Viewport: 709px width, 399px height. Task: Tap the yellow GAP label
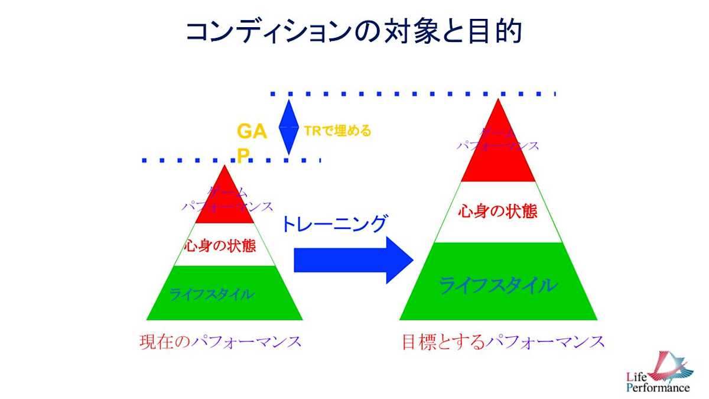(251, 141)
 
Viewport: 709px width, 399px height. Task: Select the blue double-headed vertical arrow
(288, 127)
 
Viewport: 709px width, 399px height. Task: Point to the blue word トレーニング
(333, 224)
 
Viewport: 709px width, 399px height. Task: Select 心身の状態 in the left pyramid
(220, 245)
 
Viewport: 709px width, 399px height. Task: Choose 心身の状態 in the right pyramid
(498, 211)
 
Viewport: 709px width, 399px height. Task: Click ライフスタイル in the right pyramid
(497, 286)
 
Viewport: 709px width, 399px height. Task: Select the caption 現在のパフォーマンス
(220, 342)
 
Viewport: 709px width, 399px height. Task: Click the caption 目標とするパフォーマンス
(503, 342)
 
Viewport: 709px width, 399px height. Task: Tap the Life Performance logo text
(658, 382)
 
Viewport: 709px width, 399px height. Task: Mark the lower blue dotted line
(230, 160)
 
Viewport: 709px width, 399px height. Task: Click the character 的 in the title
(507, 32)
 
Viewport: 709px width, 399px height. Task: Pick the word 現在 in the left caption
(155, 342)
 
